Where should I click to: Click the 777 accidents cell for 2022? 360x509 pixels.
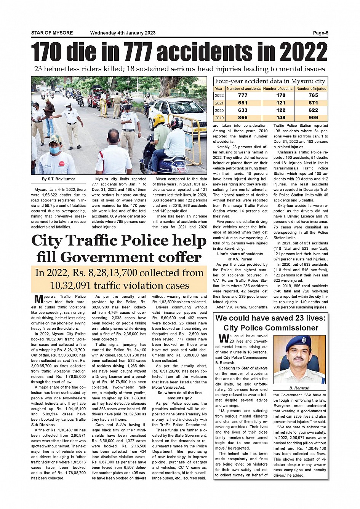point(243,96)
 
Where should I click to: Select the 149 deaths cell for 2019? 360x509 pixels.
point(281,118)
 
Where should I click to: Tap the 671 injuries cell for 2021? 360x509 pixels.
point(313,103)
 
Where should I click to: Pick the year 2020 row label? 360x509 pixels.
point(219,110)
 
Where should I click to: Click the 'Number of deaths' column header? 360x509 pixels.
point(278,89)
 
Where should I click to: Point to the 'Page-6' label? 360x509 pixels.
point(320,33)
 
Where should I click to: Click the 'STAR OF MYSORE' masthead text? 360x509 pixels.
point(52,33)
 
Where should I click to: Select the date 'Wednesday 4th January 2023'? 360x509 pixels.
point(123,33)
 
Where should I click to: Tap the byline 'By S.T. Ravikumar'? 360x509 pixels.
point(59,179)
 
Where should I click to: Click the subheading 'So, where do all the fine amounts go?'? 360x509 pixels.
point(179,395)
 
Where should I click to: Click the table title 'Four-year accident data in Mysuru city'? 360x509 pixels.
point(270,81)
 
